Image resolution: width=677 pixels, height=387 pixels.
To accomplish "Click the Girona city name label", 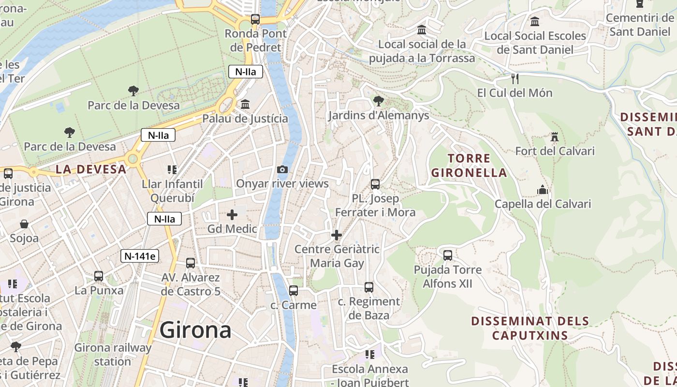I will coord(195,330).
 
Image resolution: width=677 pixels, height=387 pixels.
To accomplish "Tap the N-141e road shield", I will coord(140,256).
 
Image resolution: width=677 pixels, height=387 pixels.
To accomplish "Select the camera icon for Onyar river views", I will coord(282,169).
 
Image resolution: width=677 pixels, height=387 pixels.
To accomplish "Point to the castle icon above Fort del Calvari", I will coord(555,137).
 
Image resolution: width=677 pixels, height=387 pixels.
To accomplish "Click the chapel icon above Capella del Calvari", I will coord(543,190).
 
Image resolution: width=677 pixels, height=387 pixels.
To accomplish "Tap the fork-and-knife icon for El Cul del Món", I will coord(515,78).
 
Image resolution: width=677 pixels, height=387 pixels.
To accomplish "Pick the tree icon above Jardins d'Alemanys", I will coord(379,101).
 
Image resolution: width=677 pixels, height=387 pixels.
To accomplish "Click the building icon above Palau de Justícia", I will coord(245,104).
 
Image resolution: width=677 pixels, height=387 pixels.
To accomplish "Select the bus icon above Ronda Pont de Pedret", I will coord(255,19).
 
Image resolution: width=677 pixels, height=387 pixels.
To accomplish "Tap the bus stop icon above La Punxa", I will coord(99,276).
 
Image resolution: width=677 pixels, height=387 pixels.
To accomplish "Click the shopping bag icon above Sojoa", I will coord(24,224).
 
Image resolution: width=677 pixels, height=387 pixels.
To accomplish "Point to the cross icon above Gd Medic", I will coord(232,214).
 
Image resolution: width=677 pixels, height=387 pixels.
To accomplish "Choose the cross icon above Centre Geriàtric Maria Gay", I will coord(337,235).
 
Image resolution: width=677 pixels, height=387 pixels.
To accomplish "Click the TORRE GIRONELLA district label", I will coord(469,165).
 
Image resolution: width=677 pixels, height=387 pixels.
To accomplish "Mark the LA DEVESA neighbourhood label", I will coord(91,169).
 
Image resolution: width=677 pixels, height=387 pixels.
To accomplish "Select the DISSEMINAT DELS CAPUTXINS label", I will coord(530,328).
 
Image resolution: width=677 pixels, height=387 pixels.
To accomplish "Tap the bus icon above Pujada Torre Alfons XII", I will coord(448,255).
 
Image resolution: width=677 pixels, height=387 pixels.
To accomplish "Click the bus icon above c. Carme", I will coord(294,291).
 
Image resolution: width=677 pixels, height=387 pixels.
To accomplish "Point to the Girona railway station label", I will coord(113,354).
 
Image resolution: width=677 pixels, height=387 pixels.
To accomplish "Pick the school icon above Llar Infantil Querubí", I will coord(172,170).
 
